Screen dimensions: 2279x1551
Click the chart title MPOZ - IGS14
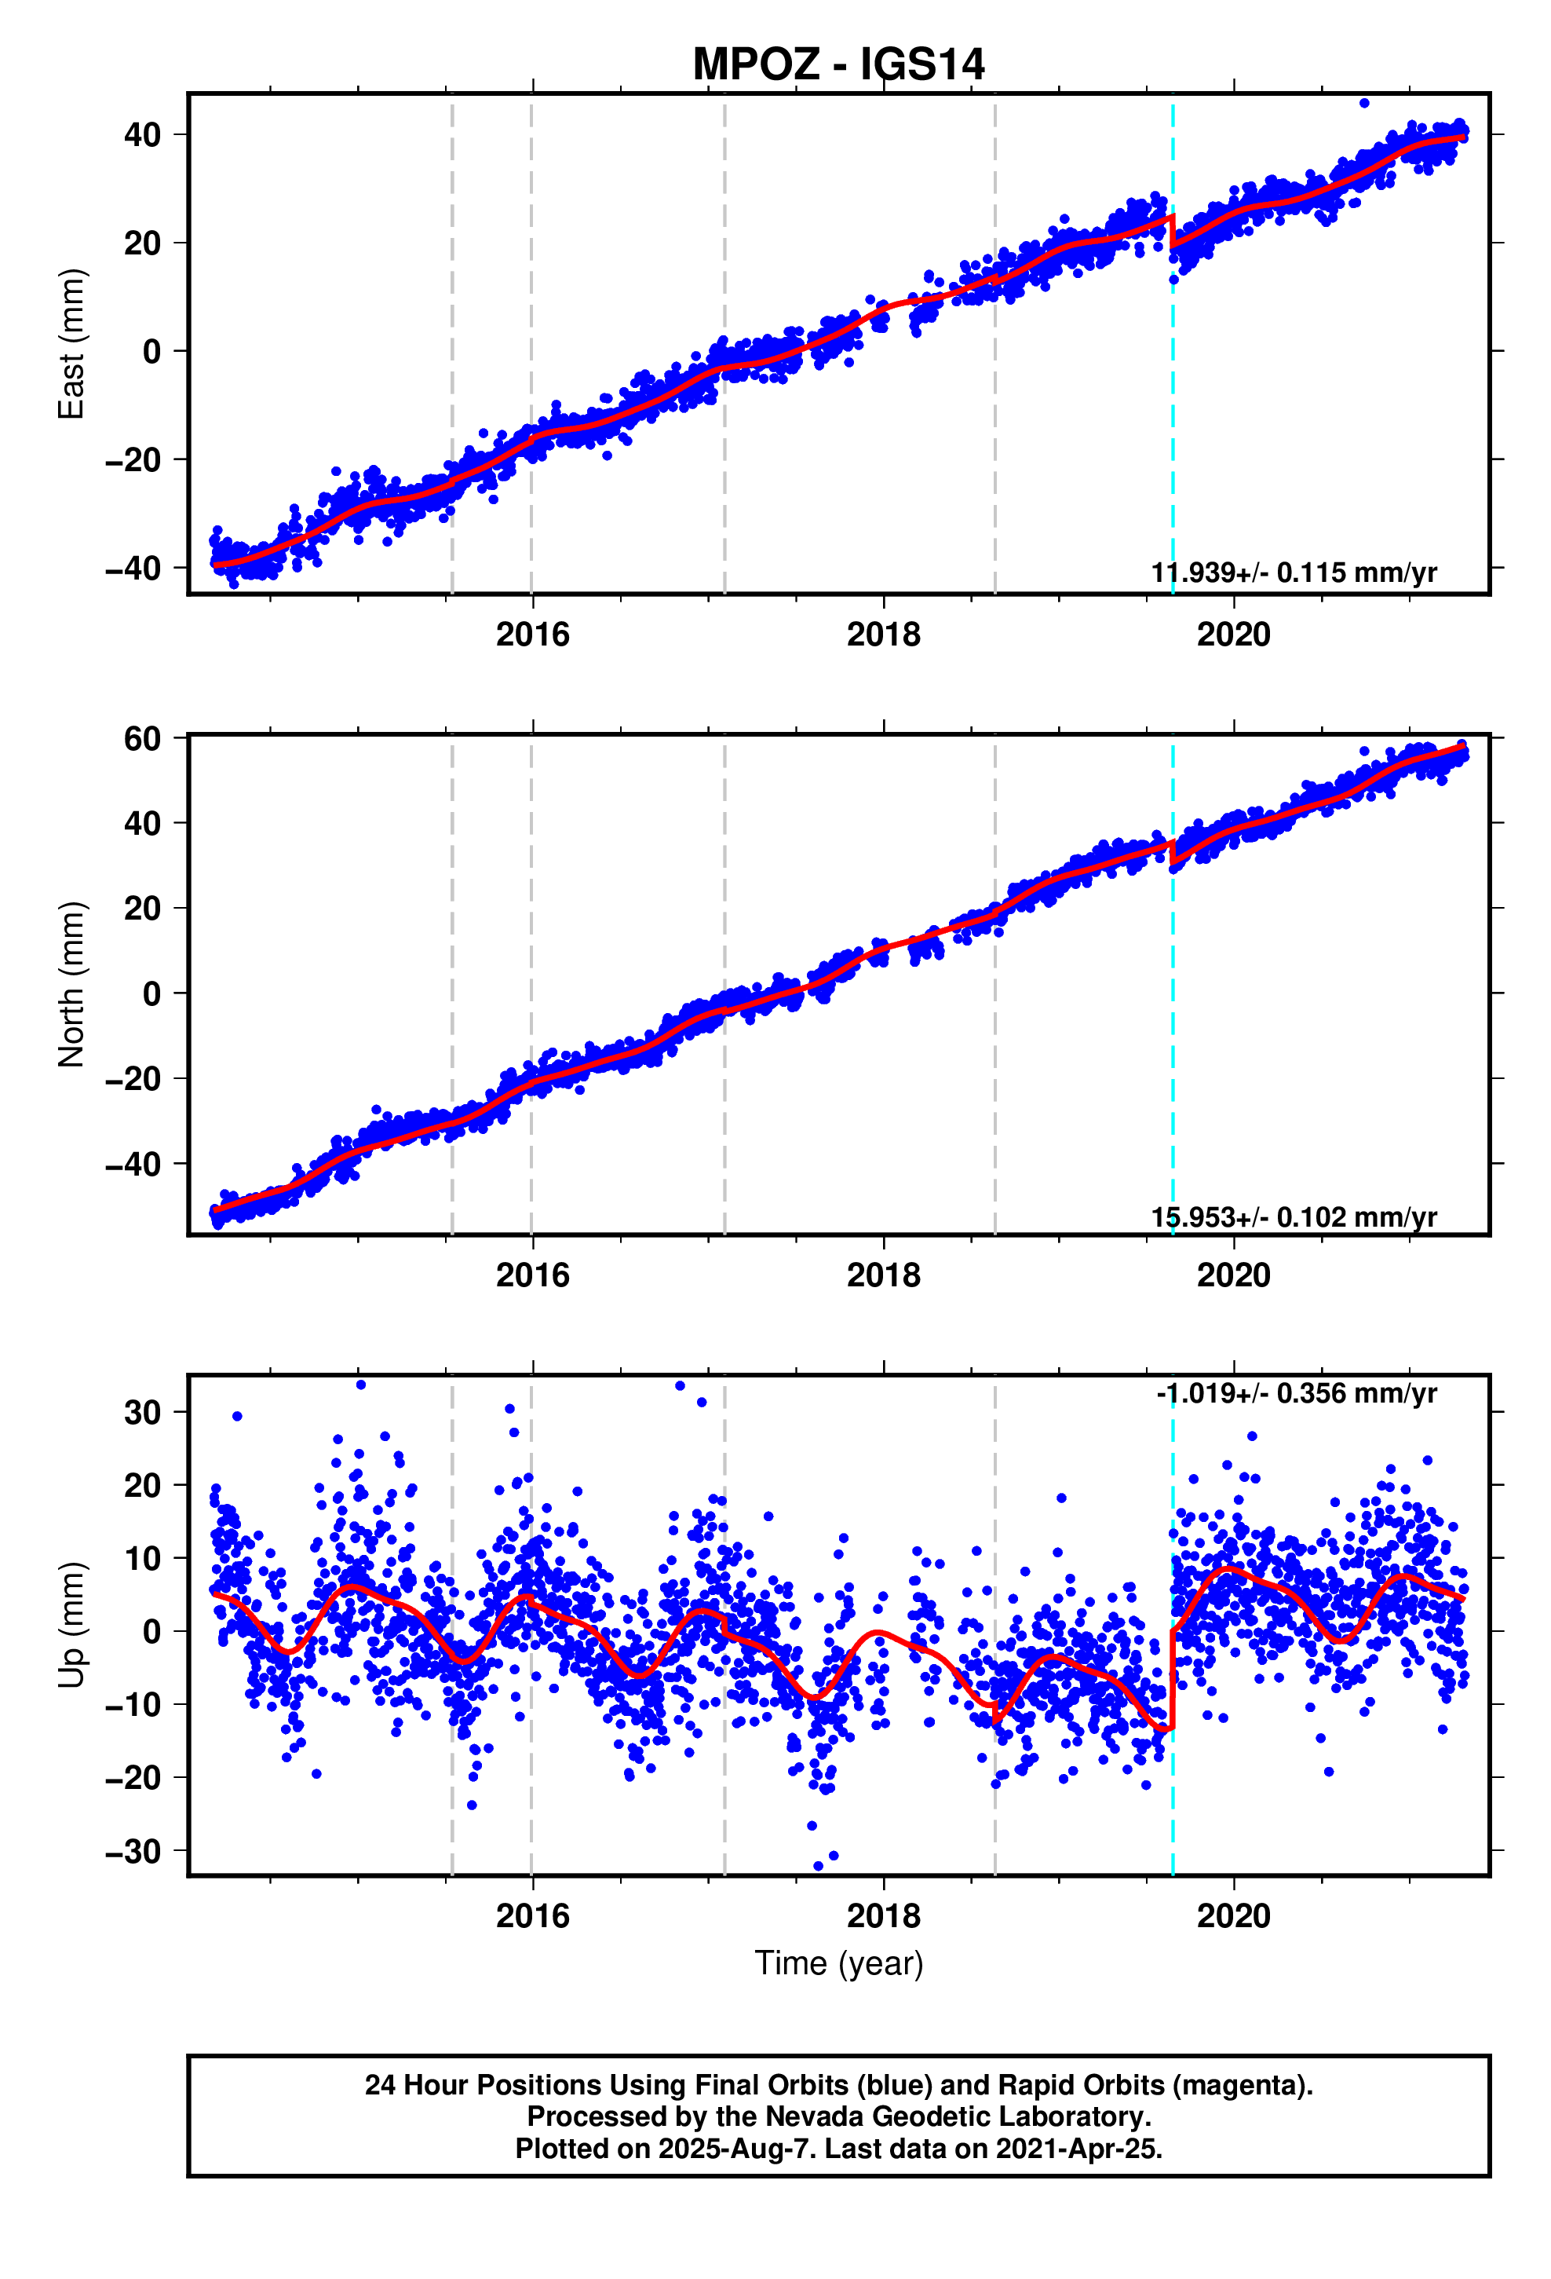coord(838,64)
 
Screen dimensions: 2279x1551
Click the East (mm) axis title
coord(71,343)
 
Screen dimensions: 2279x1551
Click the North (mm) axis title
coord(71,983)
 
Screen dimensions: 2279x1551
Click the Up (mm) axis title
coord(71,1624)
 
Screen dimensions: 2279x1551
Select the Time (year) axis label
coord(838,1963)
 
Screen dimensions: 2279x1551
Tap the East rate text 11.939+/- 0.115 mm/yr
coord(1293,572)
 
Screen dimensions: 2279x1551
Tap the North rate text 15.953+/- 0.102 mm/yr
coord(1293,1217)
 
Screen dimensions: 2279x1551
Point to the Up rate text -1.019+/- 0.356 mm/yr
coord(1296,1392)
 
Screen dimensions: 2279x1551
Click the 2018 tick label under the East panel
coord(882,635)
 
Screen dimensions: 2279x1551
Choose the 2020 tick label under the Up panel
coord(1232,1915)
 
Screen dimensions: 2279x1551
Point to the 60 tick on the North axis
coord(141,738)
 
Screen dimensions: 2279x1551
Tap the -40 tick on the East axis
coord(133,568)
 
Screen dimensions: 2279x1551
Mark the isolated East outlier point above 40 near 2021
coord(1363,103)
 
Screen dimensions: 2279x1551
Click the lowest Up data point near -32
coord(819,1865)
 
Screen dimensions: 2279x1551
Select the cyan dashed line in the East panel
coord(1173,392)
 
